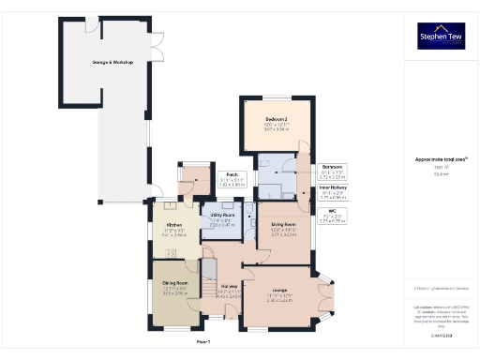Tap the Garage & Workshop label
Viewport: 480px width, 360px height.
(x=112, y=63)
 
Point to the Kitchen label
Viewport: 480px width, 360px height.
(x=174, y=226)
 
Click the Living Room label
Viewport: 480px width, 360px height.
(x=284, y=225)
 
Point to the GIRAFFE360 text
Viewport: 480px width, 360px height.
(x=441, y=335)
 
